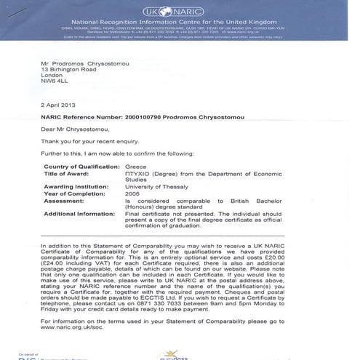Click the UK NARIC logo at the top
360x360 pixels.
tap(179, 12)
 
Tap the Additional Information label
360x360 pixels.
tap(81, 214)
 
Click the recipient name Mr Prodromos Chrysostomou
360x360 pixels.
tap(87, 63)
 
